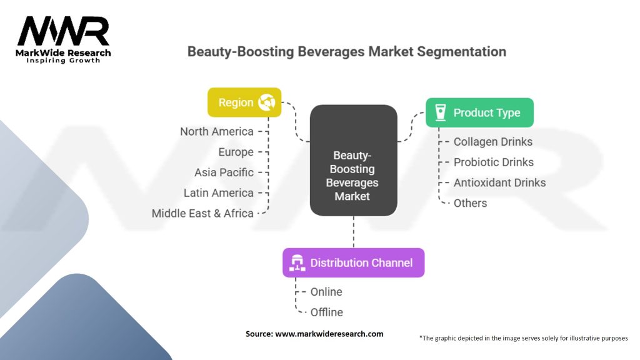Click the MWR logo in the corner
(63, 39)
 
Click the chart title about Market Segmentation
(346, 52)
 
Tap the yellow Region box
(244, 102)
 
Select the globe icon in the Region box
(266, 102)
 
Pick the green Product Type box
(479, 112)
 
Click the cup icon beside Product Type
(441, 112)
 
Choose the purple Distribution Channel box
(354, 263)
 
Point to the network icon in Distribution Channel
(297, 263)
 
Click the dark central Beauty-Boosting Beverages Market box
(354, 161)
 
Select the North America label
(217, 131)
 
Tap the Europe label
(236, 152)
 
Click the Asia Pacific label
(224, 172)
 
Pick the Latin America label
(219, 192)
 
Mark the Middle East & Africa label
(203, 213)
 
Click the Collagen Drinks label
(493, 142)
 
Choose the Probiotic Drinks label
(494, 162)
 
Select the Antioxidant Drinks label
(499, 182)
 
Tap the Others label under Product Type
(470, 203)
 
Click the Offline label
(326, 312)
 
